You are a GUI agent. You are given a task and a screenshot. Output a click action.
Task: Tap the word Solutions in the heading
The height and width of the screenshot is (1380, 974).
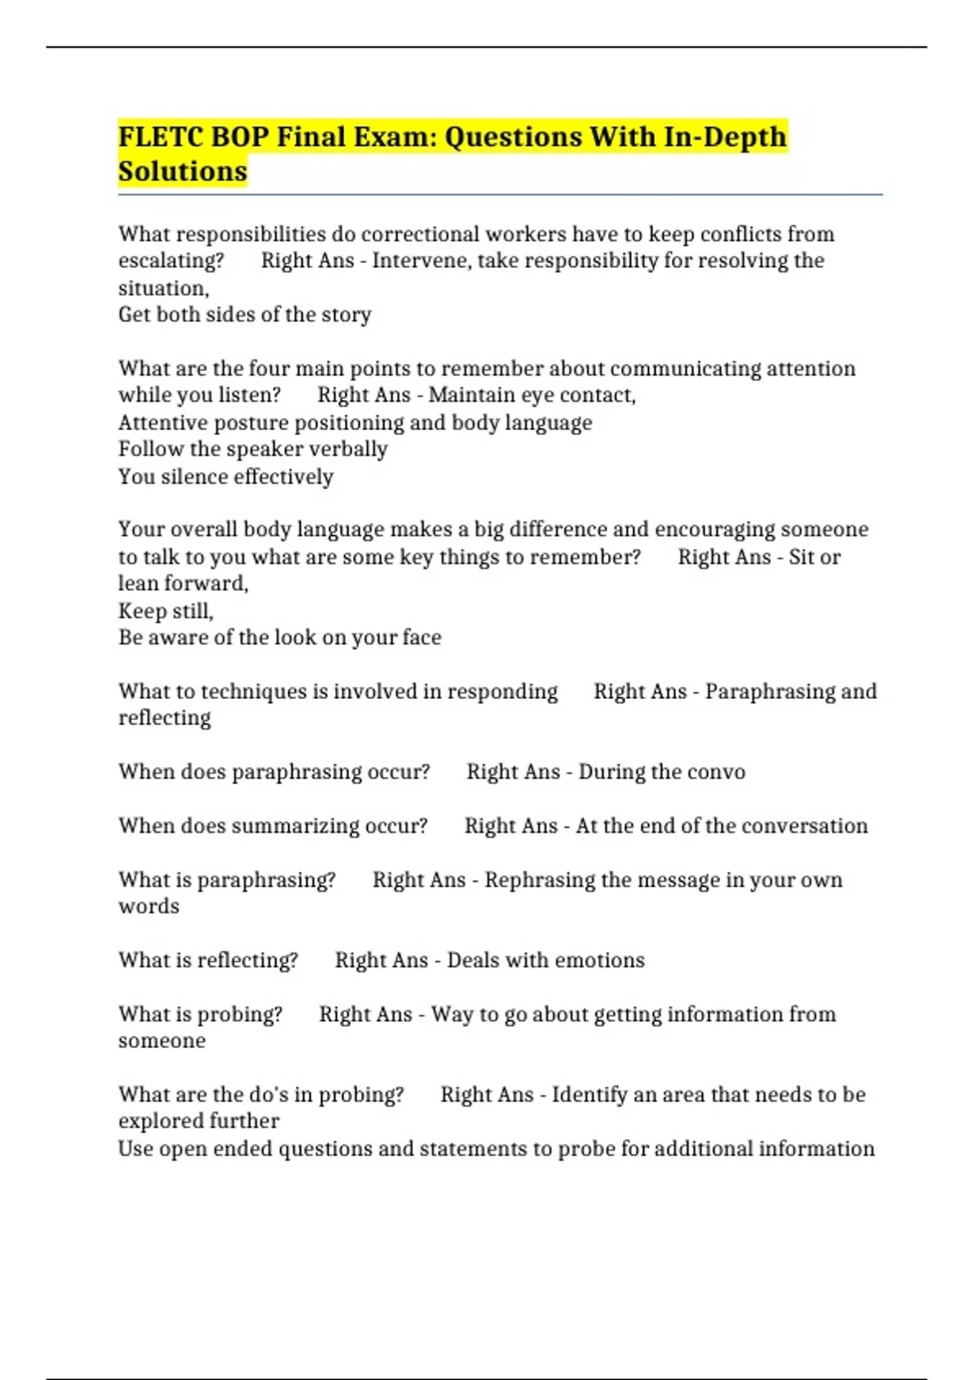click(x=183, y=171)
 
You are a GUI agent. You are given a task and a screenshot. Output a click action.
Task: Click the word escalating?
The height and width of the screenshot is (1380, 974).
click(x=171, y=261)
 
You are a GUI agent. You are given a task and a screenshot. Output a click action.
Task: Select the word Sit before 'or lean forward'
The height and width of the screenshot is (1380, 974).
click(x=801, y=557)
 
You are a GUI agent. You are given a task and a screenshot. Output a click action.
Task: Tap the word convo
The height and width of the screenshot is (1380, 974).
click(x=717, y=771)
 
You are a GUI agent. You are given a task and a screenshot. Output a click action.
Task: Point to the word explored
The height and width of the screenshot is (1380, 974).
click(x=156, y=1121)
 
